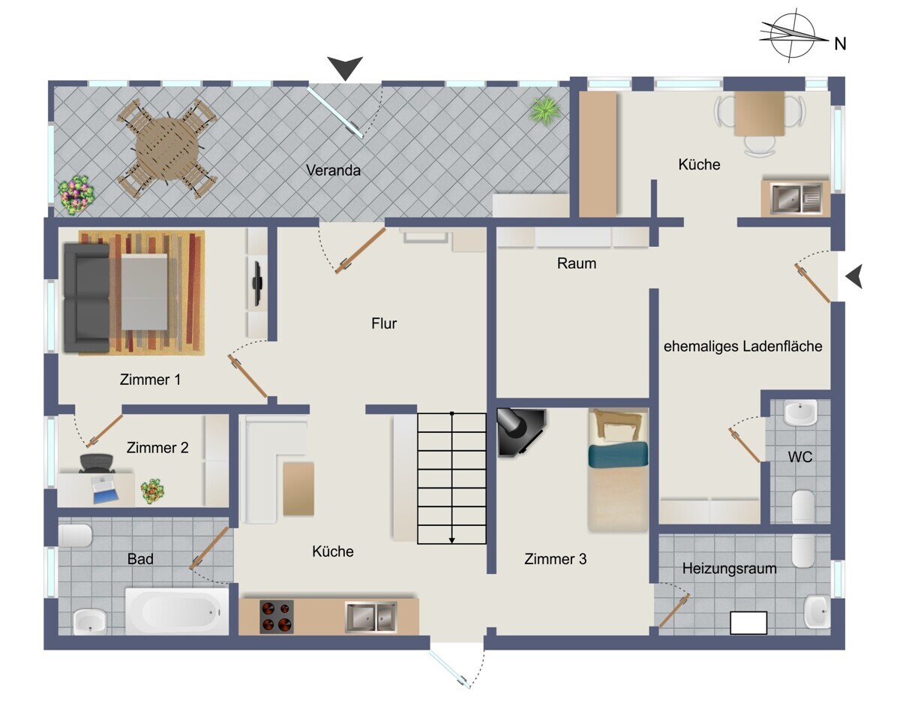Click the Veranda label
(x=333, y=170)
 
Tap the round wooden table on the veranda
(x=166, y=149)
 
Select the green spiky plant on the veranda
(x=544, y=110)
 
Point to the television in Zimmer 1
(x=256, y=283)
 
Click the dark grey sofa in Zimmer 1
(x=87, y=298)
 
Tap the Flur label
(x=384, y=323)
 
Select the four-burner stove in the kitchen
(x=276, y=617)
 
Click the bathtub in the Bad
(x=177, y=611)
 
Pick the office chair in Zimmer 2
(x=97, y=463)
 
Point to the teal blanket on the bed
(x=618, y=454)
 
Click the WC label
(x=800, y=457)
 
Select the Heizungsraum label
(x=729, y=568)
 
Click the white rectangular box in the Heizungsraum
(x=748, y=623)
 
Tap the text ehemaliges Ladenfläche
(x=742, y=346)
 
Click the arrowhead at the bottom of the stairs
(x=451, y=541)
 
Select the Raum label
(x=576, y=263)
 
